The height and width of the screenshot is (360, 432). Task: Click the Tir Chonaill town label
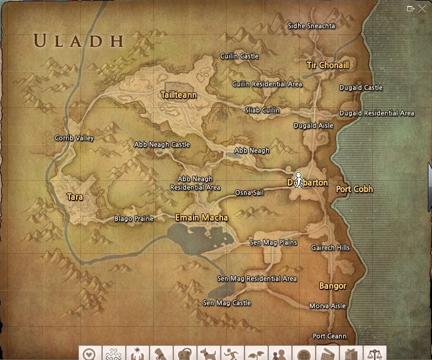(x=328, y=65)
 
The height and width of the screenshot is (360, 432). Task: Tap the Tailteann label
(x=179, y=95)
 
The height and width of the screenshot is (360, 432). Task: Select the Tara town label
(x=75, y=197)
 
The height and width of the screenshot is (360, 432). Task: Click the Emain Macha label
(x=201, y=218)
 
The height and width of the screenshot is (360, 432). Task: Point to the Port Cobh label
(x=354, y=189)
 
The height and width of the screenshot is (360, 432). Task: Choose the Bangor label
(x=332, y=286)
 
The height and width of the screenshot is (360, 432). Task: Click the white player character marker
(x=299, y=180)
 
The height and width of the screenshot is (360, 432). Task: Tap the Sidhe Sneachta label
(x=311, y=26)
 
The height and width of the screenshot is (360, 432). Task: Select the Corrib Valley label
(x=74, y=138)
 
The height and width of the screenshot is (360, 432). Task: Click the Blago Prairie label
(x=134, y=219)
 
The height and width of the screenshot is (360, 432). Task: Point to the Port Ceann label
(x=329, y=336)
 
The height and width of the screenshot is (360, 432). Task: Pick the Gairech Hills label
(x=331, y=248)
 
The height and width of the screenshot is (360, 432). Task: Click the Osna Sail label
(x=249, y=193)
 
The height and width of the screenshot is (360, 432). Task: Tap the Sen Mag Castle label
(x=227, y=303)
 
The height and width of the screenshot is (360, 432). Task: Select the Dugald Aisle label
(x=313, y=126)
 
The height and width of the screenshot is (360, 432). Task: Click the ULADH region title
(x=78, y=41)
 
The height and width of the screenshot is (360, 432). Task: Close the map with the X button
(x=423, y=9)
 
